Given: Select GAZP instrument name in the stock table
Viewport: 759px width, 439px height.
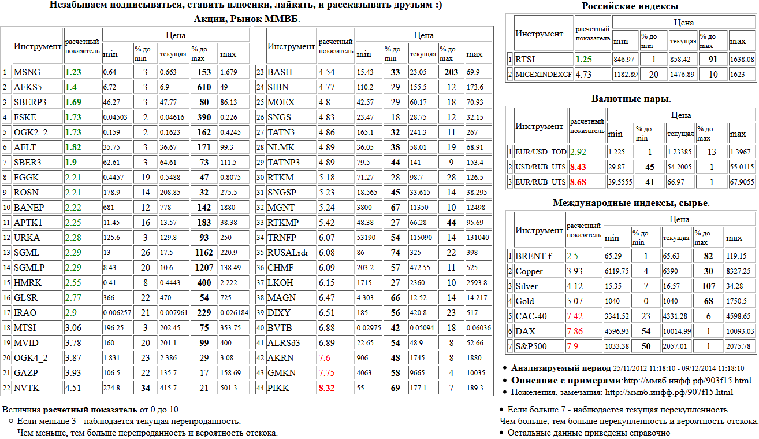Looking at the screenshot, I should (x=27, y=373).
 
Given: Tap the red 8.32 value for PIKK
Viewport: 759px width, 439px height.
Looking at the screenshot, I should (x=328, y=388).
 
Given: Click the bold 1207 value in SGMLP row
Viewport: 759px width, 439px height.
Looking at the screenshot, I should (x=204, y=268).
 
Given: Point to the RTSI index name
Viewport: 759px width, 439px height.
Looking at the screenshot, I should (x=526, y=60).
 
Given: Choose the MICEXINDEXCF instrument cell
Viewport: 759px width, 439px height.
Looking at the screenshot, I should (x=544, y=75).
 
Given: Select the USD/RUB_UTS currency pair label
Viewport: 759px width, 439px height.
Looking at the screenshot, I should (x=540, y=167).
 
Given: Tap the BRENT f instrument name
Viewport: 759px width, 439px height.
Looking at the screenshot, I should (x=533, y=256).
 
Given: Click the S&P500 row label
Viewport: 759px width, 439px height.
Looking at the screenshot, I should (x=532, y=346).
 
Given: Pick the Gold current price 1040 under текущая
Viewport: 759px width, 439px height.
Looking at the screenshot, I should (x=672, y=301).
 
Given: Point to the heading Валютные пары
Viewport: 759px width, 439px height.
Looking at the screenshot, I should (x=630, y=99).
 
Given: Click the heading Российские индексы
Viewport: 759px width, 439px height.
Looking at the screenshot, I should (x=631, y=6).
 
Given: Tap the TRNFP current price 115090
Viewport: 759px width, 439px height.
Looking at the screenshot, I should (x=421, y=238).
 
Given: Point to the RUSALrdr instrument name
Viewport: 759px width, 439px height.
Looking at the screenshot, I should (x=289, y=253).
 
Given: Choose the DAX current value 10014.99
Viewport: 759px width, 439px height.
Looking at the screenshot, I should (x=677, y=331).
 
